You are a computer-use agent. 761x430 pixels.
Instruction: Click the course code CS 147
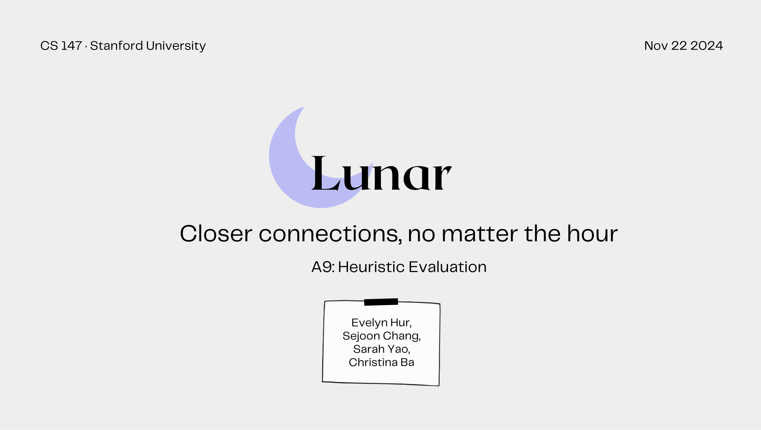click(61, 46)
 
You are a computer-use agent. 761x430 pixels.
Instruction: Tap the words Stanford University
click(148, 46)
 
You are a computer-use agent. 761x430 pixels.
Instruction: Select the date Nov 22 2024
click(683, 46)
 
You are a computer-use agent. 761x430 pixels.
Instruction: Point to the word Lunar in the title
click(381, 173)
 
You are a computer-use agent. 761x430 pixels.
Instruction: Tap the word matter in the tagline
click(479, 234)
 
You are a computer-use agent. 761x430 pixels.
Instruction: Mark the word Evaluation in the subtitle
click(448, 267)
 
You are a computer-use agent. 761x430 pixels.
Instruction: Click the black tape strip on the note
click(381, 302)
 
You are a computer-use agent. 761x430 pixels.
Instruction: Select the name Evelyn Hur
click(382, 323)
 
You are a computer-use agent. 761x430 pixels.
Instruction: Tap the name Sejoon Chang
click(382, 336)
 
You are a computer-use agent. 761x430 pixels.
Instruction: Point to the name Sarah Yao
click(382, 349)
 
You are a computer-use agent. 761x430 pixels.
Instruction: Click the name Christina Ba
click(382, 362)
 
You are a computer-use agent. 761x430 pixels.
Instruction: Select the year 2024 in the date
click(707, 46)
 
